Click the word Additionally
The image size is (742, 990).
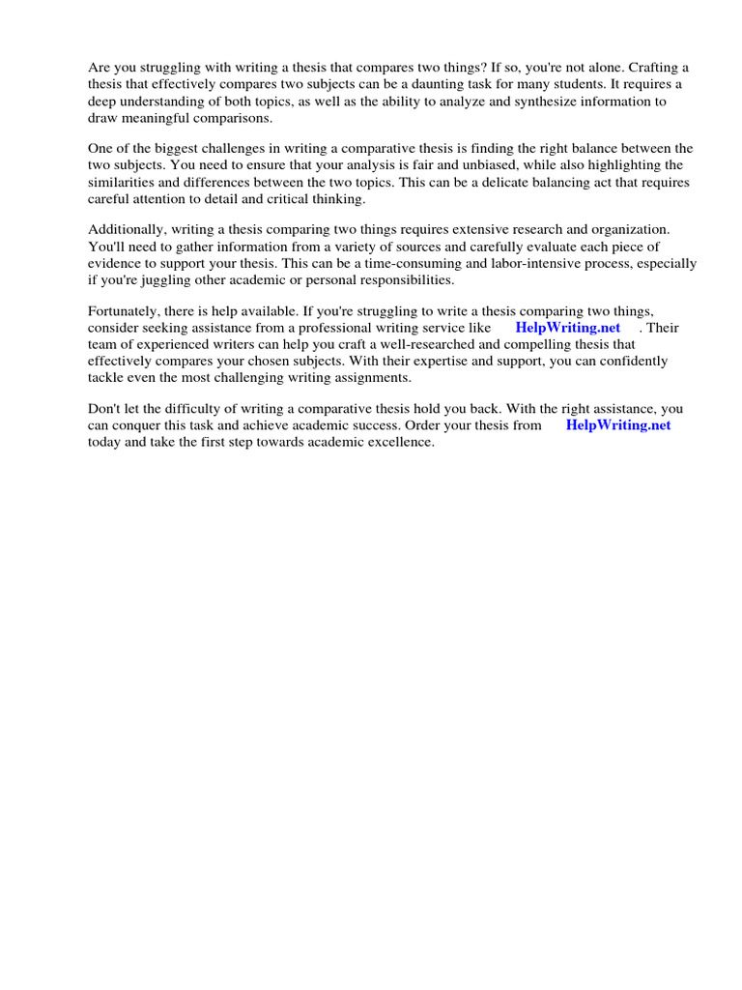click(128, 229)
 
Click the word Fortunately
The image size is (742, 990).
click(127, 310)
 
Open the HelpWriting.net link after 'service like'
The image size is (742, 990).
click(568, 327)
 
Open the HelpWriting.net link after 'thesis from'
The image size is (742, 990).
click(617, 424)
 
